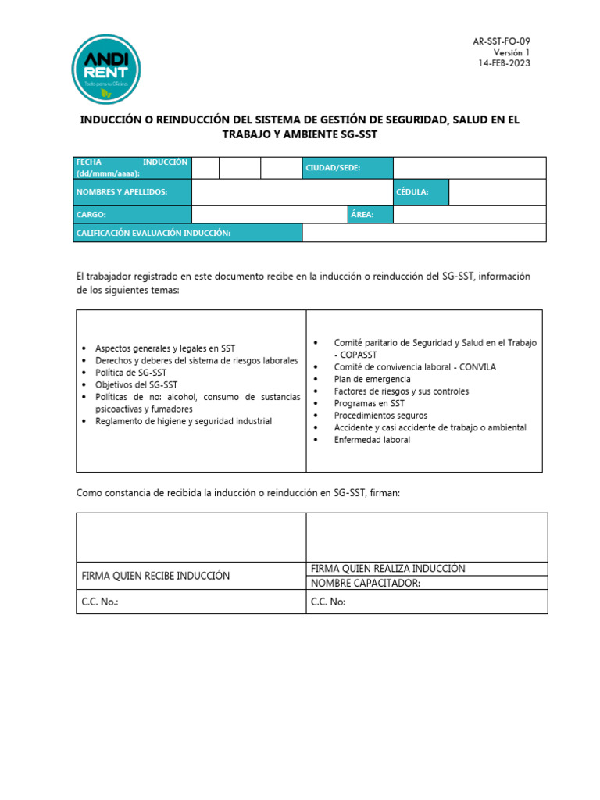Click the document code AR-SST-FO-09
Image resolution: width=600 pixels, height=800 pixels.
point(502,41)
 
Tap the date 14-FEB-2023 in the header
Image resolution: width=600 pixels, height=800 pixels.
point(504,63)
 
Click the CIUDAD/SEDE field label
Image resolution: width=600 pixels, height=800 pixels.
point(347,168)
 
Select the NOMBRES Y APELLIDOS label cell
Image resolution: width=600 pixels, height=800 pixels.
point(133,192)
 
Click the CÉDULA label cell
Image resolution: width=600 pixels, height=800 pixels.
point(421,192)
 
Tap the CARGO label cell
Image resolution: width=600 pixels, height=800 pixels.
point(133,215)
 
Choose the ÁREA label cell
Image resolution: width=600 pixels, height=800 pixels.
point(370,215)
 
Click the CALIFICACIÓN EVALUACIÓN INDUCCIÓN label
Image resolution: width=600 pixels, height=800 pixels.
point(188,233)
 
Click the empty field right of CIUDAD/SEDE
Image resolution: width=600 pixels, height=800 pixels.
point(469,168)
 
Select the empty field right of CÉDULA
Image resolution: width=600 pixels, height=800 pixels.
point(497,192)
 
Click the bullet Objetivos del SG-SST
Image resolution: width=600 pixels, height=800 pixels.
point(136,384)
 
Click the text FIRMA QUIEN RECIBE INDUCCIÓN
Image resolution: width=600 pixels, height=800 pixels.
point(155,576)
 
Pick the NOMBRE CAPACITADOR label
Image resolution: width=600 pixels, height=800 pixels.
point(366,583)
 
